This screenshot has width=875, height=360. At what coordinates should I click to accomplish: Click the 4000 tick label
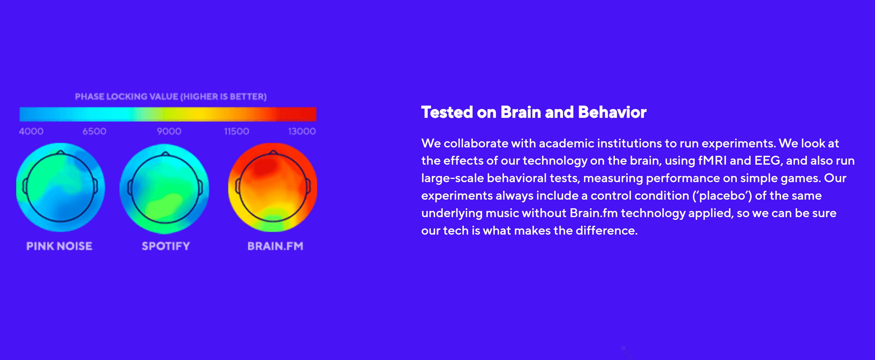31,131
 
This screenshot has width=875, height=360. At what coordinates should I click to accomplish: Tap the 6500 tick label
94,131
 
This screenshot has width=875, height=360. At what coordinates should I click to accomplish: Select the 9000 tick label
169,131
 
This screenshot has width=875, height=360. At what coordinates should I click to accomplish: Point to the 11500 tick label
237,131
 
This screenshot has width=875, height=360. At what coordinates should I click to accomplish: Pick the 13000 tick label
302,131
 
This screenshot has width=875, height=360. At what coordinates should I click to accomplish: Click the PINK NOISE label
59,246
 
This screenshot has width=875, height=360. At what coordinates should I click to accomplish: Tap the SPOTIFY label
166,246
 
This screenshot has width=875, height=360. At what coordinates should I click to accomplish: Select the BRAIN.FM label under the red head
275,246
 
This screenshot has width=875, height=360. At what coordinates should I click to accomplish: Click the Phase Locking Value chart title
171,97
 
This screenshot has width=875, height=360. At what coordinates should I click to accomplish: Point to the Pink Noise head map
61,187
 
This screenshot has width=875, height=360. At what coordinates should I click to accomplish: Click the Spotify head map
164,189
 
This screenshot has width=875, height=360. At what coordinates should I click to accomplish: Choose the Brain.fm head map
273,188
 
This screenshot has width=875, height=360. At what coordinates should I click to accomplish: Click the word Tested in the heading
447,112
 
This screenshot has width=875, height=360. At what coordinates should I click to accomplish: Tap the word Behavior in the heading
612,112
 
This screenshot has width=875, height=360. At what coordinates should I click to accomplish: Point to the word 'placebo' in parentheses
722,196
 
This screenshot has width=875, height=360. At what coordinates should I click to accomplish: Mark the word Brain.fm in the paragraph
594,213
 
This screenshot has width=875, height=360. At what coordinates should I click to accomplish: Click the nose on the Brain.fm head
274,153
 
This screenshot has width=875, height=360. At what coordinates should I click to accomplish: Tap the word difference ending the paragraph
606,231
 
